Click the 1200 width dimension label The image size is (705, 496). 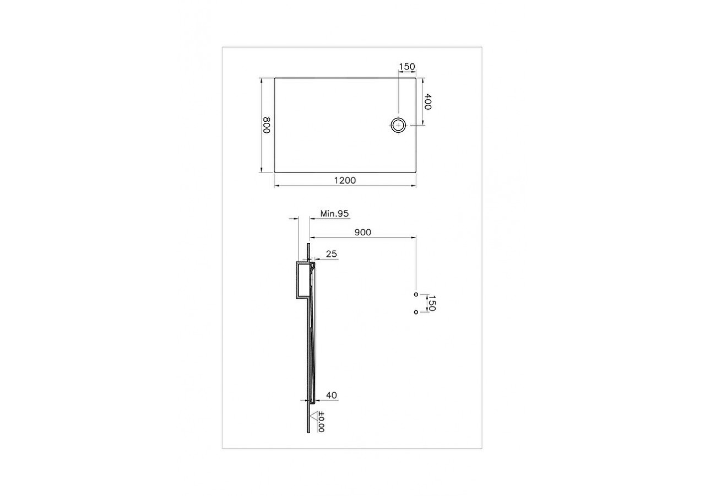point(345,180)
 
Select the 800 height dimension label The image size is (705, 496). point(266,125)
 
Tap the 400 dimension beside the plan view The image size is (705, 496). point(429,102)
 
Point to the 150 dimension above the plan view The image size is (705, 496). point(406,67)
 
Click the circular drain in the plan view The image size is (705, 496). point(398,125)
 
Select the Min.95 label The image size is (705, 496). point(335,213)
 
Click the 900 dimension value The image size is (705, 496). point(362,233)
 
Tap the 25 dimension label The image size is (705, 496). point(332,254)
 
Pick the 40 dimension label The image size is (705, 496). point(332,395)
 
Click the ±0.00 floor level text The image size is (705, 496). point(321,422)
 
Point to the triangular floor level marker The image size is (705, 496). point(316,415)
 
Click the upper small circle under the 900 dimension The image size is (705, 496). point(416,294)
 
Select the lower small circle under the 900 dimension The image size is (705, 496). point(416,312)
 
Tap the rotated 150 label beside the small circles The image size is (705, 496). point(432,303)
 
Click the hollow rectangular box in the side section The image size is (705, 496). point(302,281)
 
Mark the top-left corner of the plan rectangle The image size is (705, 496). point(275,78)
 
